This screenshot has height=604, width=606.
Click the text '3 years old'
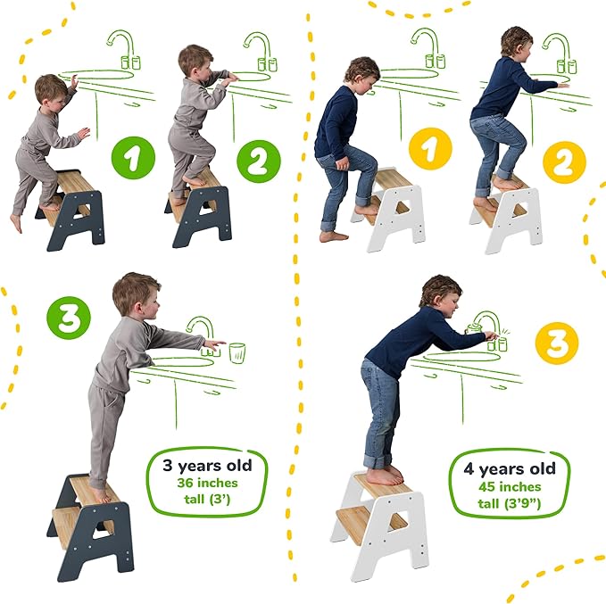tap(207, 465)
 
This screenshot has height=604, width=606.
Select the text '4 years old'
tap(511, 469)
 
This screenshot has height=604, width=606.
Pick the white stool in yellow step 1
tap(390, 209)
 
